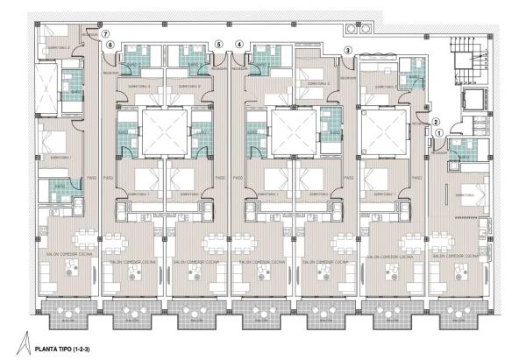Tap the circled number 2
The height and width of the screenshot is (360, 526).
pos(437,122)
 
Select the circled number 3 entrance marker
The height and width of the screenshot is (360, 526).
pos(348,51)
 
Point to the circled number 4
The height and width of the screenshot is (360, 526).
pos(239,45)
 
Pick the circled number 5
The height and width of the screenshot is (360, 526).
pos(218,45)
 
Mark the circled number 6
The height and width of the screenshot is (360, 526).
pos(110,45)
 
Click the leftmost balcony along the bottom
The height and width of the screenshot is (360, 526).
pos(68,312)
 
